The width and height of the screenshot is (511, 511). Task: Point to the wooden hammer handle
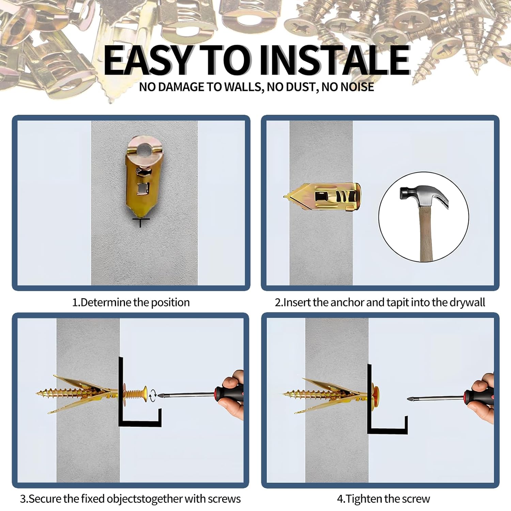coord(425,235)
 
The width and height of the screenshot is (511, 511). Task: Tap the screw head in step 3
coord(145,394)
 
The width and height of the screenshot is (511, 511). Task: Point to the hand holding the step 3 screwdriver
coord(235,395)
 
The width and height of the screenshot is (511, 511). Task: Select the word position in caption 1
coord(170,303)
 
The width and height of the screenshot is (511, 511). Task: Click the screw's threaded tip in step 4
coord(287,394)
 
